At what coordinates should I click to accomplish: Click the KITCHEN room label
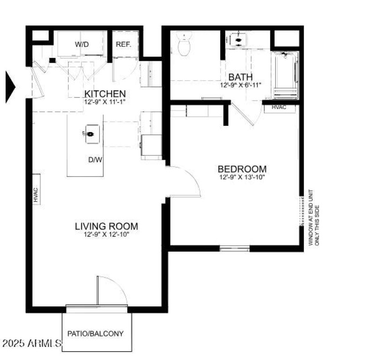click(105, 94)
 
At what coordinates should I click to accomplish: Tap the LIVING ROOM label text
click(106, 226)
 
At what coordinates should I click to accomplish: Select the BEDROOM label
click(242, 169)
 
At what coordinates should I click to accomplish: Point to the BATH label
click(240, 77)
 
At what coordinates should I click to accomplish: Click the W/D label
click(82, 44)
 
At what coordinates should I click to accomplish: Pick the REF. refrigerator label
click(123, 44)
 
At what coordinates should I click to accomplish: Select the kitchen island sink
click(90, 134)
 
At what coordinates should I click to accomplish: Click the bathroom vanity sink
click(239, 40)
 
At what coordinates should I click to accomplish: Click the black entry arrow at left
click(10, 87)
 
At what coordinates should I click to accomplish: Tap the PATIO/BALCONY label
click(96, 334)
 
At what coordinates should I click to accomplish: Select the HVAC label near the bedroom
click(280, 107)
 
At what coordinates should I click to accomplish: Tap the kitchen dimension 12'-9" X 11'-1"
click(105, 102)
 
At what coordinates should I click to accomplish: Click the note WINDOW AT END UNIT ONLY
click(313, 218)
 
